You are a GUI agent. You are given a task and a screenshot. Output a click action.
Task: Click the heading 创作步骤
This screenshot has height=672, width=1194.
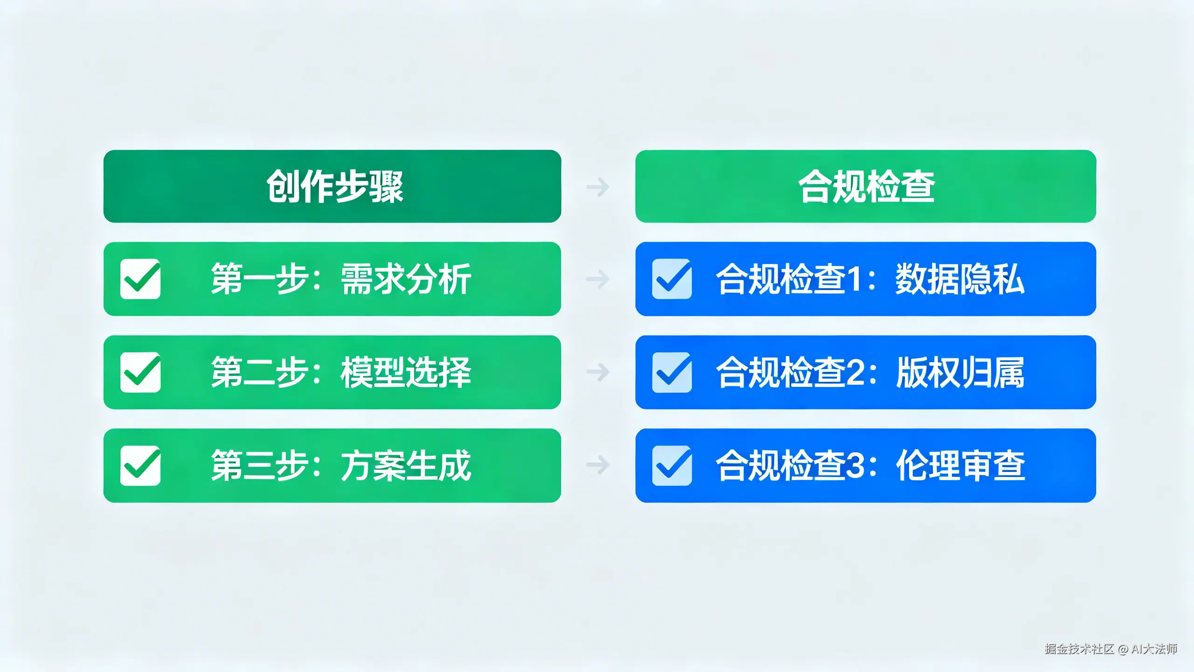(x=334, y=187)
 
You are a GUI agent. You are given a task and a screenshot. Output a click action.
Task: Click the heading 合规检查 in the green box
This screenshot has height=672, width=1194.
(x=866, y=187)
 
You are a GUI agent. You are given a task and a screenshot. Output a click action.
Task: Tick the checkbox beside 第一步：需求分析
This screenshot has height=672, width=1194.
(x=140, y=279)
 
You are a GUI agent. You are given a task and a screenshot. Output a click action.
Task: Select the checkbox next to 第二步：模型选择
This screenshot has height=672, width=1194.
(x=140, y=372)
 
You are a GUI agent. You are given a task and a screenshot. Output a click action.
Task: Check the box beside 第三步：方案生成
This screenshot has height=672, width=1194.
(x=140, y=466)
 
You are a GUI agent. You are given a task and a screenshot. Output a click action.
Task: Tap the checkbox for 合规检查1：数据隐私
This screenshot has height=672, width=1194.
(x=672, y=279)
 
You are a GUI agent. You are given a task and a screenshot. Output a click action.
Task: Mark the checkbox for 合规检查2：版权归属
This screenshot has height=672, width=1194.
(x=672, y=372)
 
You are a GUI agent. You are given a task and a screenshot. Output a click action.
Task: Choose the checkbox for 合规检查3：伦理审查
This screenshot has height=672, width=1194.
(x=672, y=466)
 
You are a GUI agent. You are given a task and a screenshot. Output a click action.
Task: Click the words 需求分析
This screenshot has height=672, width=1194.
(x=406, y=279)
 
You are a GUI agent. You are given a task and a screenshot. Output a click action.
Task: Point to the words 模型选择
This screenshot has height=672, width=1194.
(x=406, y=372)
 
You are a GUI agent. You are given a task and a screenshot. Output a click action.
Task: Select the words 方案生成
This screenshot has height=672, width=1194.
(x=406, y=466)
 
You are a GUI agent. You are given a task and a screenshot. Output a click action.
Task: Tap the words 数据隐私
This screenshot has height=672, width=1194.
(x=960, y=279)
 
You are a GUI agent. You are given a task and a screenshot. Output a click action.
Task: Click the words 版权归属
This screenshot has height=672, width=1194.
(x=960, y=372)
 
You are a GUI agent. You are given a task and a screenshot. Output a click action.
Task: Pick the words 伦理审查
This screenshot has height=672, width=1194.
(x=960, y=466)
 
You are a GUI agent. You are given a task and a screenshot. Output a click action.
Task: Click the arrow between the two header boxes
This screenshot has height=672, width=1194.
(x=598, y=187)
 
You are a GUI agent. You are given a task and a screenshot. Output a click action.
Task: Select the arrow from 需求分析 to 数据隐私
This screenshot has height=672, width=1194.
(x=598, y=279)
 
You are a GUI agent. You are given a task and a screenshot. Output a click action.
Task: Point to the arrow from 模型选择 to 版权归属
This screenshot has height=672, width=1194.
(x=598, y=372)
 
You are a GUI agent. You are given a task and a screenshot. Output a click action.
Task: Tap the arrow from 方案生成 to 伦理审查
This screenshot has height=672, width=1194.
(x=598, y=465)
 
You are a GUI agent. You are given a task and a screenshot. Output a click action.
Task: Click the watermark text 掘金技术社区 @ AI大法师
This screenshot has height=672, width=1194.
(x=1111, y=649)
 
